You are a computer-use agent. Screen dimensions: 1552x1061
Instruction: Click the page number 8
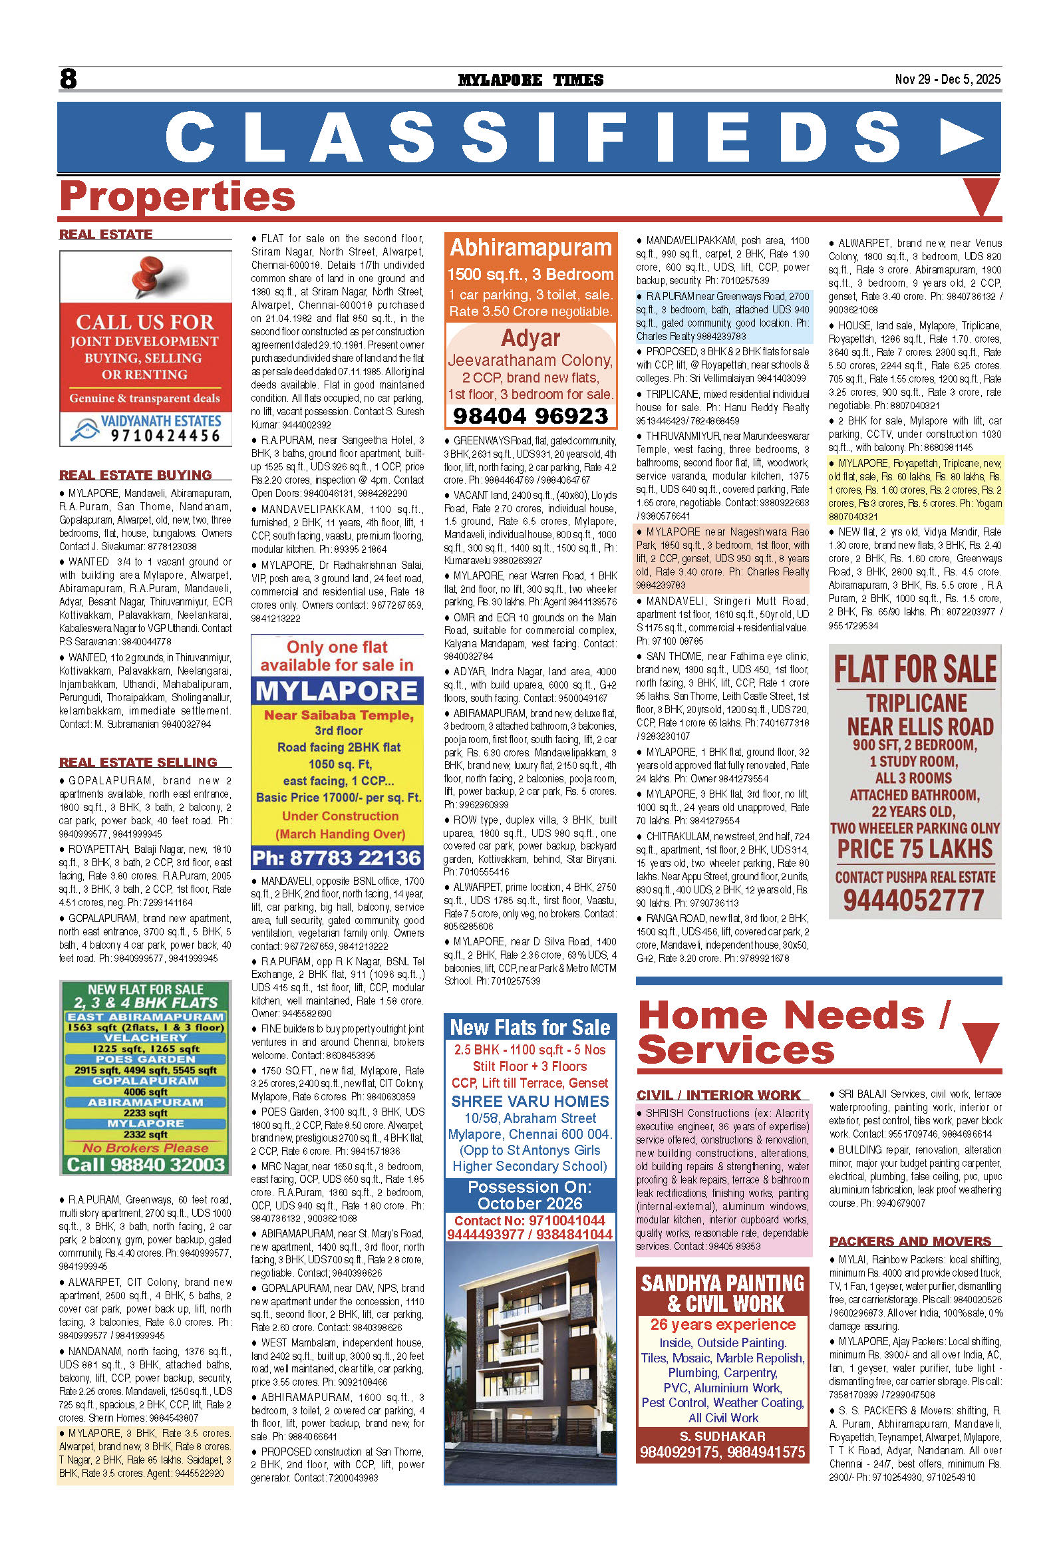tap(68, 78)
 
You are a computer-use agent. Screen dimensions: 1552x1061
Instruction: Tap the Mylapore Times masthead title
tap(530, 80)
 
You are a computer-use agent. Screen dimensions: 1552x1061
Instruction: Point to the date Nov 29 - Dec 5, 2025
tap(947, 78)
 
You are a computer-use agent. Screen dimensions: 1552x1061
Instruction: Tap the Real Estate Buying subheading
tap(136, 475)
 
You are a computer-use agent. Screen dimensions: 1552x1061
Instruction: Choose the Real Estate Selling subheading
tap(138, 762)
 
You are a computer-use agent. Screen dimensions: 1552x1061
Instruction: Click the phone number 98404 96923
tap(530, 416)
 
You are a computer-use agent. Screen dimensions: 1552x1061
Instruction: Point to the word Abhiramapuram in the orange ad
tap(530, 247)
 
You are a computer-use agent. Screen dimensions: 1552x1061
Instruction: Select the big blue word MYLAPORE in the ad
tap(337, 691)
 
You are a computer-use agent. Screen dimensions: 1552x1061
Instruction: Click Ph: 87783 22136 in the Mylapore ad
tap(337, 857)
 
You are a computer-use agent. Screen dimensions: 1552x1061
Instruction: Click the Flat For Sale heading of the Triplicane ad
tap(915, 669)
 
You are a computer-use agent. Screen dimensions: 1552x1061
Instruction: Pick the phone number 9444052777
tap(913, 900)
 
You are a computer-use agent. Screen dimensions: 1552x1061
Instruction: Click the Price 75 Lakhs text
tap(915, 849)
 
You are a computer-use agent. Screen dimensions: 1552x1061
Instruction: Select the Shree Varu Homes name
tap(530, 1101)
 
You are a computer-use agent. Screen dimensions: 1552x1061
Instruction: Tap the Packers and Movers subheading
tap(909, 1241)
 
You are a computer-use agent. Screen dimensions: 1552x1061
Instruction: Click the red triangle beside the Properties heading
tap(981, 197)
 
